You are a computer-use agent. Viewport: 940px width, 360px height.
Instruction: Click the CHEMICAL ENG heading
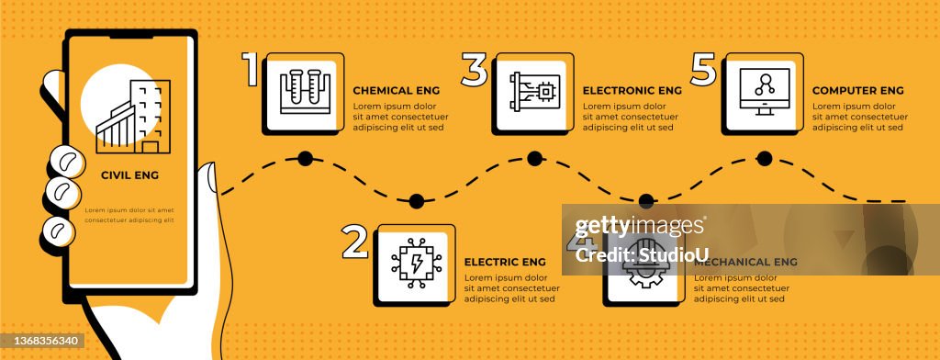pyautogui.click(x=397, y=91)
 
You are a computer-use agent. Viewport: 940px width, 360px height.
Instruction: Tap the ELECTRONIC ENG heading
pyautogui.click(x=632, y=91)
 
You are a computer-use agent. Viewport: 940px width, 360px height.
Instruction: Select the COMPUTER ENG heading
pyautogui.click(x=858, y=91)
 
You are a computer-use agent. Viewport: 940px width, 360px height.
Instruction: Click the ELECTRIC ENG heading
pyautogui.click(x=505, y=262)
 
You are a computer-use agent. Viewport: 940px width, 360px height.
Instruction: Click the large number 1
pyautogui.click(x=251, y=70)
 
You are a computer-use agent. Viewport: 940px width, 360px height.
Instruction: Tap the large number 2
pyautogui.click(x=355, y=242)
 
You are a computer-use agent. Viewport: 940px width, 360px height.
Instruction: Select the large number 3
pyautogui.click(x=475, y=70)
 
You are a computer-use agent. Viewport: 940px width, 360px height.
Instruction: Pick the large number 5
pyautogui.click(x=703, y=70)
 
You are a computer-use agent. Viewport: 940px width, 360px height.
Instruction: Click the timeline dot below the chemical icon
pyautogui.click(x=305, y=158)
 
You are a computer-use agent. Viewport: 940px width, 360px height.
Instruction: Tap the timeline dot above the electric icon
pyautogui.click(x=416, y=200)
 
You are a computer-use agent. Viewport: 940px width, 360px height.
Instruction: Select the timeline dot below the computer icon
pyautogui.click(x=764, y=158)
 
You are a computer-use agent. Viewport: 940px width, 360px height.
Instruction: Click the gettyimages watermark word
pyautogui.click(x=640, y=226)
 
